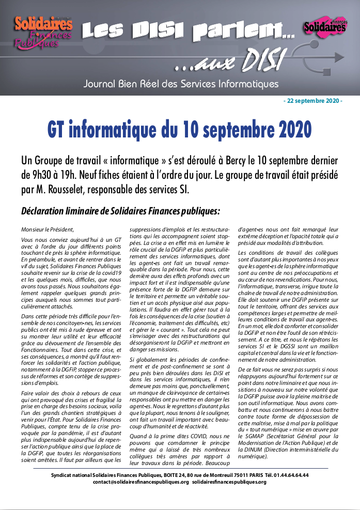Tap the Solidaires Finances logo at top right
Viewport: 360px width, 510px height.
tap(324, 26)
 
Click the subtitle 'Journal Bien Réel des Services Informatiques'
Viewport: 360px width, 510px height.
tap(181, 84)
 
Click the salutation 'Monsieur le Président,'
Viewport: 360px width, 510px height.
tap(48, 229)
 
